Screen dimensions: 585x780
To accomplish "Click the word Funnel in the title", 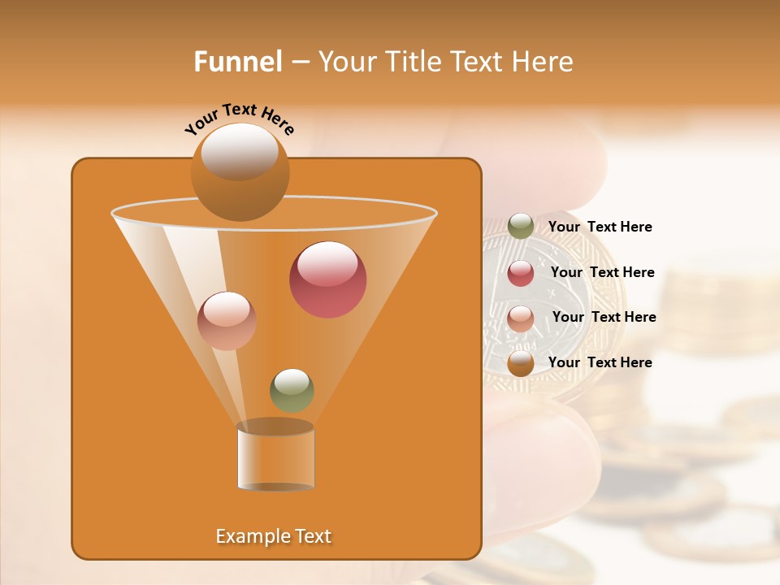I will coord(237,62).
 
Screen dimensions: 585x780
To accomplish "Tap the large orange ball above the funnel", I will coord(240,171).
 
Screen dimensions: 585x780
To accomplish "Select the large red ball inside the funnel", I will coord(327,279).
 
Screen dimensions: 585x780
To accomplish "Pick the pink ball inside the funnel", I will coord(227,321).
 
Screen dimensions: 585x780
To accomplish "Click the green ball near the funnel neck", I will coord(292,390).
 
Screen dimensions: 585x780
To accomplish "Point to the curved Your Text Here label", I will coord(239,119).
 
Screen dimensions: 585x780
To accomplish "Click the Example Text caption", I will coord(273,536).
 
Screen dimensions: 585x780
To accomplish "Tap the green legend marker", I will coord(521,227).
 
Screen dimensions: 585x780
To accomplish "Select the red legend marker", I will coord(521,273).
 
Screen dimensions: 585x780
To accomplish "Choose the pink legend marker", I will coord(521,318).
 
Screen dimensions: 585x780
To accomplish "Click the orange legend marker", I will coord(521,363).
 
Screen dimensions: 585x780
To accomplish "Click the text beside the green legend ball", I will coord(600,227).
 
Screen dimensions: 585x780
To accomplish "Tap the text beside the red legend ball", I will coord(602,273).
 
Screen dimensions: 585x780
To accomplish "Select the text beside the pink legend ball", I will coord(604,318).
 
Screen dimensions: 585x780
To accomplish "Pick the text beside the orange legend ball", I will coord(600,362).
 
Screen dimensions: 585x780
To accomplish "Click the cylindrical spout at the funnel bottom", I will coord(275,457).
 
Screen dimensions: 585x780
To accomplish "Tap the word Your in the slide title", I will coord(344,62).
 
